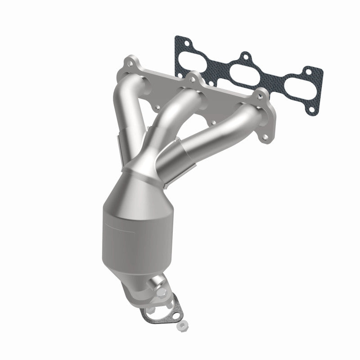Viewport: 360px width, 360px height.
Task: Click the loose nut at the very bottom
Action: click(x=182, y=324)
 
